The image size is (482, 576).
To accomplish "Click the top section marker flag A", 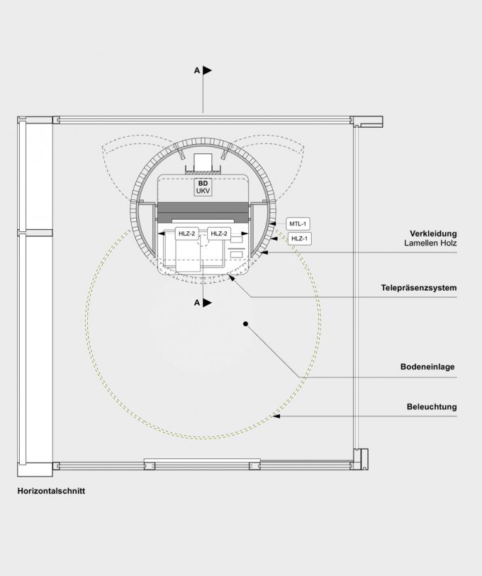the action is point(208,70).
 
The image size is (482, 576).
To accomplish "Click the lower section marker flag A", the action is point(208,303).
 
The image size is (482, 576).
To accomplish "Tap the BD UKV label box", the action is point(203,187).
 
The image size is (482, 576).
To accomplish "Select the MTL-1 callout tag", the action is point(298,223).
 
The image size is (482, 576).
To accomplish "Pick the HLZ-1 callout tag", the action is point(299,239).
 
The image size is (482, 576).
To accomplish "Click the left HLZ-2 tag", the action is point(187,233).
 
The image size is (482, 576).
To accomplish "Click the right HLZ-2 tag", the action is point(219,233).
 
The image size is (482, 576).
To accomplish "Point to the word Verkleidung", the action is point(433,233).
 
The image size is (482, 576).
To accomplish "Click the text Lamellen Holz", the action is point(430,243).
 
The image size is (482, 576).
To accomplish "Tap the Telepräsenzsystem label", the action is point(419,288).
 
